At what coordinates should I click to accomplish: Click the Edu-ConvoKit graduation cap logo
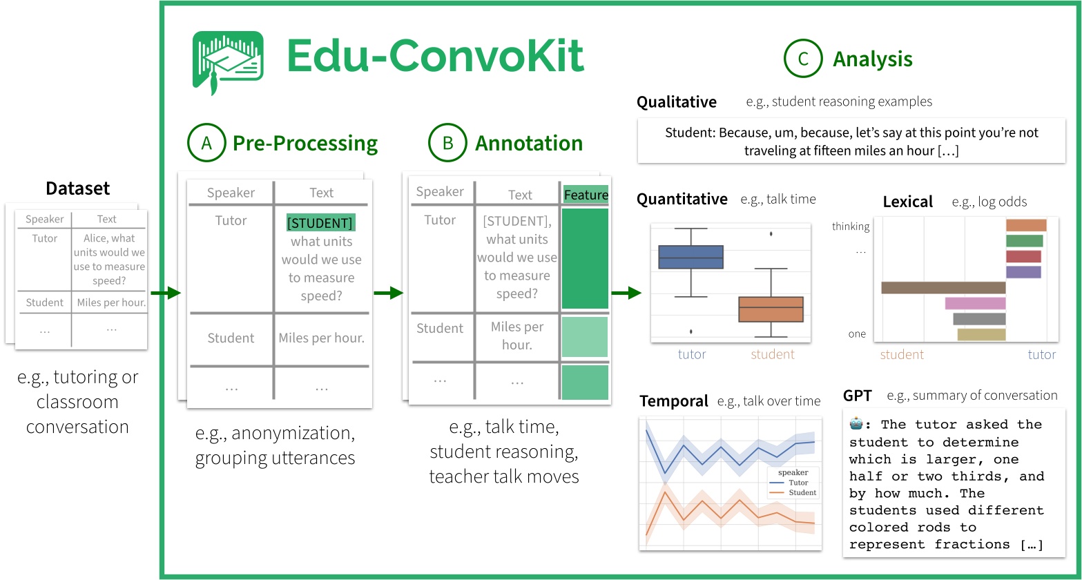pos(227,62)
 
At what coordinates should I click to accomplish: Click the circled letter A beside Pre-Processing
pos(206,143)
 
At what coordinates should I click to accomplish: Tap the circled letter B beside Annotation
pos(447,143)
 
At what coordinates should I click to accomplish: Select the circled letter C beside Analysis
pos(802,59)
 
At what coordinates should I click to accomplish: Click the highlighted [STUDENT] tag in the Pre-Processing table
pos(321,223)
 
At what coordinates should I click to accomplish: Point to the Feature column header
pos(586,195)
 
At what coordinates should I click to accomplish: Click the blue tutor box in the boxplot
pos(690,257)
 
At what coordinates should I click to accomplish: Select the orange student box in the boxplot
pos(771,309)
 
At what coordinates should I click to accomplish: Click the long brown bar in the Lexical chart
pos(943,287)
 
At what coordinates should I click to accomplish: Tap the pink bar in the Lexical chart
pos(974,303)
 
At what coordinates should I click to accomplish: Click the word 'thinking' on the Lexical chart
pos(850,226)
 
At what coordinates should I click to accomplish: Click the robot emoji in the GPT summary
pos(856,425)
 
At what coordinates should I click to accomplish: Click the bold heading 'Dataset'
pos(77,188)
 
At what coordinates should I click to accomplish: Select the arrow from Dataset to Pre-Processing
pos(165,294)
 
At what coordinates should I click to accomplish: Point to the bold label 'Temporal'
pos(673,401)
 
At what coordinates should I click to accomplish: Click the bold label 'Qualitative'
pos(676,102)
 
